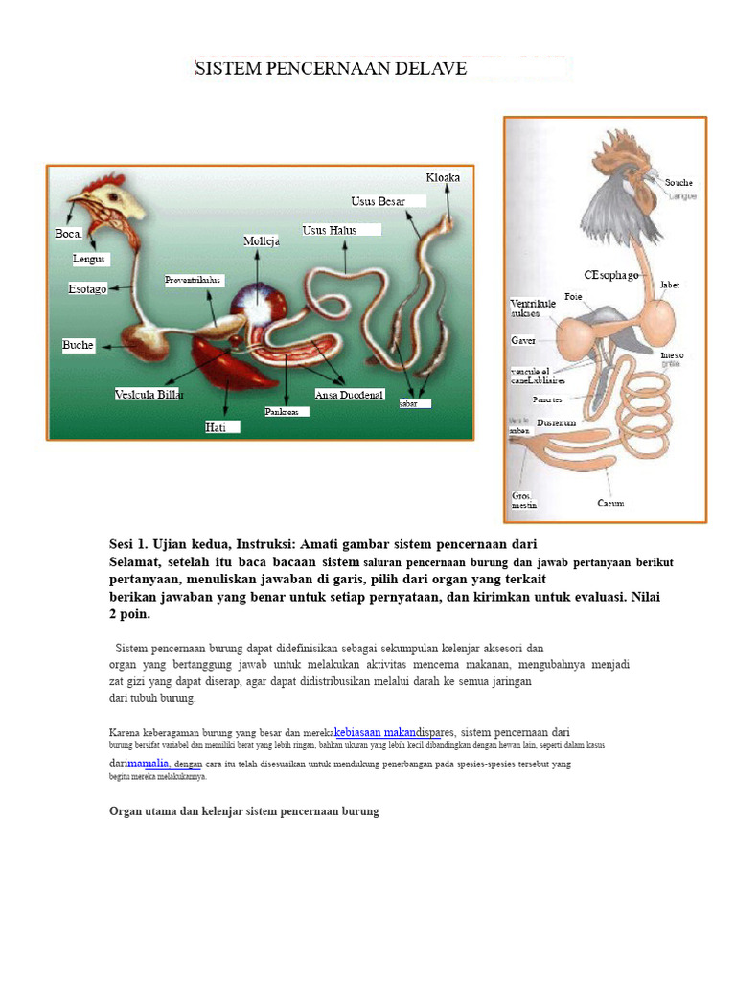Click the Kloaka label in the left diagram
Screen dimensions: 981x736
pos(443,177)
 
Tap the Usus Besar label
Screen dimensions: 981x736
pos(378,201)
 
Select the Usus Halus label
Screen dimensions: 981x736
pos(330,230)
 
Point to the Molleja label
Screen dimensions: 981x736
pos(262,241)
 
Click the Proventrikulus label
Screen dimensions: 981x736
pos(194,281)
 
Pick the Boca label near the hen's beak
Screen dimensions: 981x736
pos(68,233)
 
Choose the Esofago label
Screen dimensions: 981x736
pos(87,288)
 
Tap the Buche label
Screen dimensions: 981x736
pos(79,345)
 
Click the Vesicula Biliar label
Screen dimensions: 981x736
pos(149,394)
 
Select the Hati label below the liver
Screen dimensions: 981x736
pos(216,427)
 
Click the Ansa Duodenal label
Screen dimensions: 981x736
pos(349,394)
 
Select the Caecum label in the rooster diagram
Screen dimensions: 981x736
pos(611,503)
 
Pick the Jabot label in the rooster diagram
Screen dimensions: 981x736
pos(669,285)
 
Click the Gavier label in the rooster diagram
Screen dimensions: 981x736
pos(523,340)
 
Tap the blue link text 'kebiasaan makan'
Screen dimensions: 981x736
pos(381,732)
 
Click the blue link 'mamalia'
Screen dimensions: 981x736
pos(149,763)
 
